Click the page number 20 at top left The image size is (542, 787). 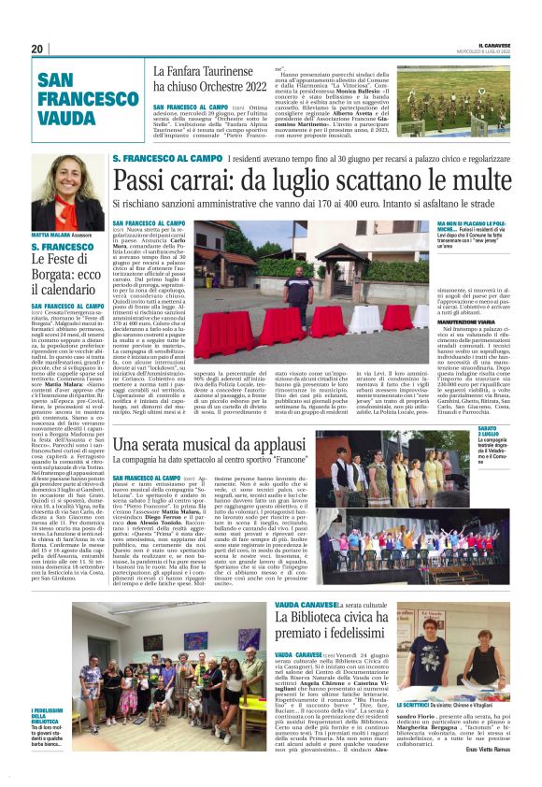(37, 49)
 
